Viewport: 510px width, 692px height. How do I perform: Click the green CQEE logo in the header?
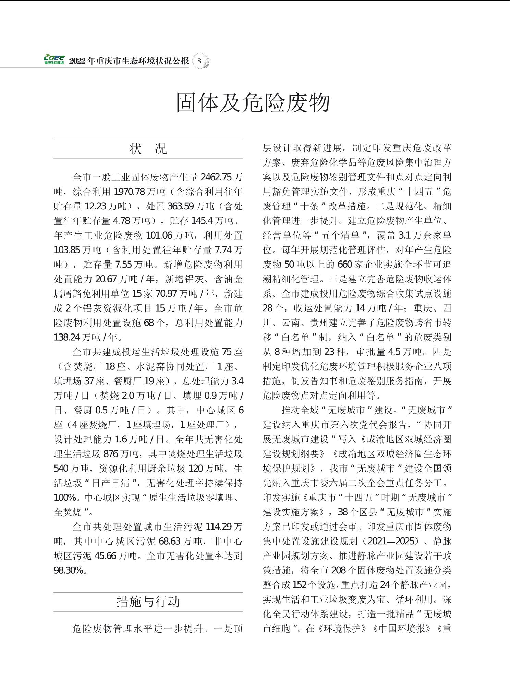coord(54,60)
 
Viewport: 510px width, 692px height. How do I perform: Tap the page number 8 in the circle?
coord(199,61)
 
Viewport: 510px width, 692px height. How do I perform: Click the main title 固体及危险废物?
coord(253,102)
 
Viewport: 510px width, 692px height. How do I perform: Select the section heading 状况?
coord(148,149)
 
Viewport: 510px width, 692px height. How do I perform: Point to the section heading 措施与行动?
coord(148,602)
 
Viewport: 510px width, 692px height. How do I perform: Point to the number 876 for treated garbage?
coord(110,454)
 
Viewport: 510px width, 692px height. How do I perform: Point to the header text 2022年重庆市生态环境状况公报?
coord(129,61)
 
